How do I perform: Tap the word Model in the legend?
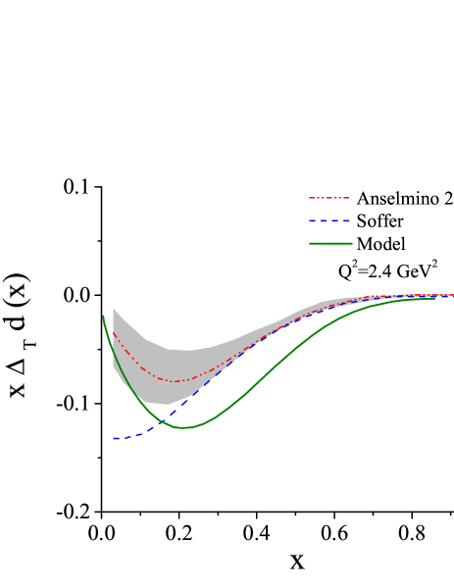[381, 243]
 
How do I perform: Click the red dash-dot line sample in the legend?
[329, 198]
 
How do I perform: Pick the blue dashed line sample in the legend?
[329, 220]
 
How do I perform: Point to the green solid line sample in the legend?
[329, 243]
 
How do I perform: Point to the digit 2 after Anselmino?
[447, 198]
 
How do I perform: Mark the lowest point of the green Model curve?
[184, 427]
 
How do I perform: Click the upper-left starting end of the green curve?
[103, 316]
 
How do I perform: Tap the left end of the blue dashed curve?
[114, 438]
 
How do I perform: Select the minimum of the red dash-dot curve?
[177, 381]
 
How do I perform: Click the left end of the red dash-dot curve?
[114, 332]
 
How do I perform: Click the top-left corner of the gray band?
[115, 310]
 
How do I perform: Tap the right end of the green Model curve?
[434, 299]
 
